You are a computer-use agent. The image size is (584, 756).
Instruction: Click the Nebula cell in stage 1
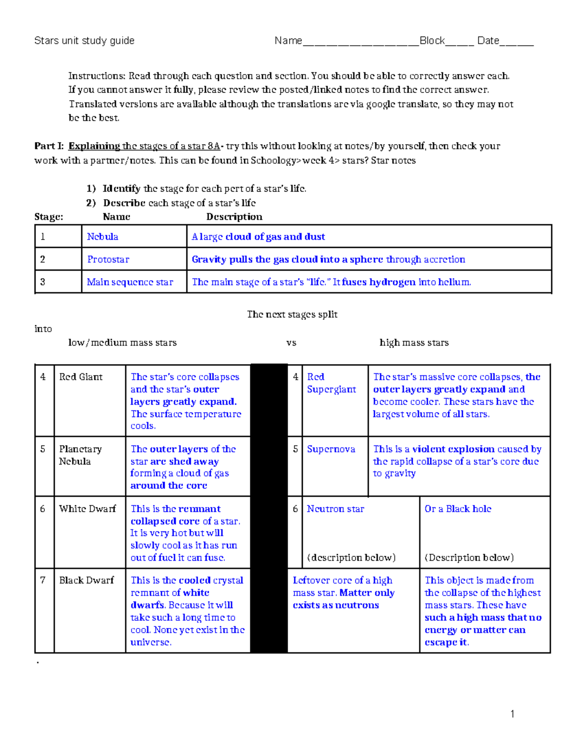coord(103,237)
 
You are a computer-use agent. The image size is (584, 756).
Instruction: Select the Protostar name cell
coord(108,259)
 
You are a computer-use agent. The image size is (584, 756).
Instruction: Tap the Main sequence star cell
coord(130,282)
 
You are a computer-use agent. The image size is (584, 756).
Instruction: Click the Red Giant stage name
coord(81,377)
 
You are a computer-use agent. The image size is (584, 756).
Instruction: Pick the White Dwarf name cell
coord(88,509)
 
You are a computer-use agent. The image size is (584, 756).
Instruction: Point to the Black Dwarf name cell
coord(87,580)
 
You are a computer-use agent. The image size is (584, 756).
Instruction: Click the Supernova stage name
coord(331,449)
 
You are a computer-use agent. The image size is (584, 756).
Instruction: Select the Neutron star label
coord(335,509)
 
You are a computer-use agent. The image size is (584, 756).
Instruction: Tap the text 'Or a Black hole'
coord(458,509)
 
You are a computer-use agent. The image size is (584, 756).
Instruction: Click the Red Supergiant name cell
coord(331,383)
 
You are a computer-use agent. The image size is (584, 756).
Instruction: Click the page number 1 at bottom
coord(512,714)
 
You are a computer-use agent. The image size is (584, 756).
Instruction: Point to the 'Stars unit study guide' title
coord(84,40)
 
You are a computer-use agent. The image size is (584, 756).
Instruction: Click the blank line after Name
coord(361,42)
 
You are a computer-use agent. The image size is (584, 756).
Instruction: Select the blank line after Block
coord(459,42)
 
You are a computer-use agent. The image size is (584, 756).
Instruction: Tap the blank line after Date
coord(516,42)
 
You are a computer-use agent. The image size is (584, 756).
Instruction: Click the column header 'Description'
coord(234,217)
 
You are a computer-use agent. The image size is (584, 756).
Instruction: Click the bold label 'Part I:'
coord(49,146)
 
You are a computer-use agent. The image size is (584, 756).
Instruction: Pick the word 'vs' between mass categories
coord(292,343)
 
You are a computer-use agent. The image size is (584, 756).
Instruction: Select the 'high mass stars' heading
coord(414,343)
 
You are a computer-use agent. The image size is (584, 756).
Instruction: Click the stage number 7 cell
coord(43,580)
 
